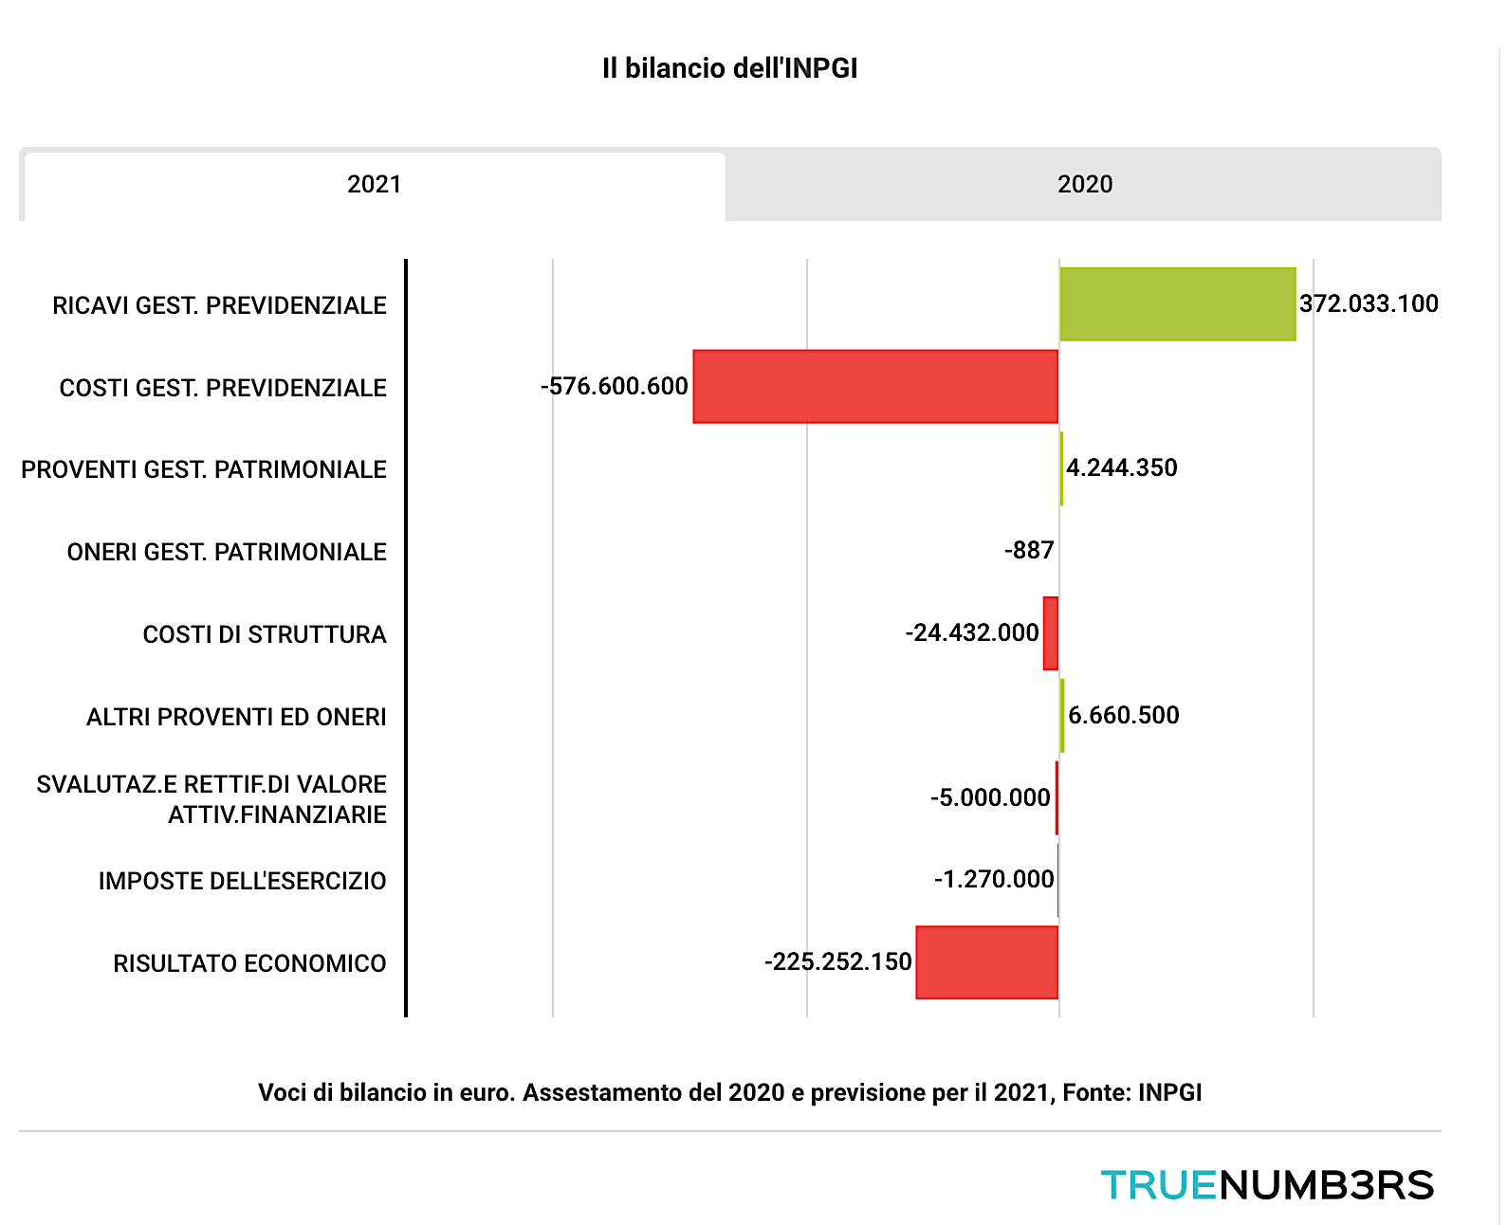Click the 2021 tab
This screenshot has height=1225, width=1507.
click(374, 184)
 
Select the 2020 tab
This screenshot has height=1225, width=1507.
click(1084, 184)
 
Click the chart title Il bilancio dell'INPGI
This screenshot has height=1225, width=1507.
click(729, 68)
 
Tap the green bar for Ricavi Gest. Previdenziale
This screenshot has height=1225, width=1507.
click(1177, 304)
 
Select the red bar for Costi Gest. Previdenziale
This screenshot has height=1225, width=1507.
click(875, 387)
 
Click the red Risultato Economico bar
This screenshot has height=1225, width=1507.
click(986, 962)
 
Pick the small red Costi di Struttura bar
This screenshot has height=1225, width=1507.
click(1050, 633)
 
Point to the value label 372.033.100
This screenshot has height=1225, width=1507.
click(1369, 304)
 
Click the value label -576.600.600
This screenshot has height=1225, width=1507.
click(615, 387)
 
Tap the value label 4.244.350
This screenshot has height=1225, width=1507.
click(1122, 468)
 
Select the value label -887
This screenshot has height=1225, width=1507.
click(1029, 551)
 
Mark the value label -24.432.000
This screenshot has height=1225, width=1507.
click(972, 633)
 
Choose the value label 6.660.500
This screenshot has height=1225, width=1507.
click(1124, 716)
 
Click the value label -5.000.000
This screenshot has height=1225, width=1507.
click(990, 798)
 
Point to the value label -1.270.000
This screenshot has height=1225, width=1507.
click(994, 880)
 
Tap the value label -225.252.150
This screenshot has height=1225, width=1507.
click(838, 962)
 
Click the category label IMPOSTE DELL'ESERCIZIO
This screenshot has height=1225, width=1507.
click(242, 882)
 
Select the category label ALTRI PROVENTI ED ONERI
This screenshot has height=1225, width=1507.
click(236, 718)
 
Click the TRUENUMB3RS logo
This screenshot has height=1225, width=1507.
click(1267, 1185)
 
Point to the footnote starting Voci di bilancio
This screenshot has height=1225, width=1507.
click(729, 1093)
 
